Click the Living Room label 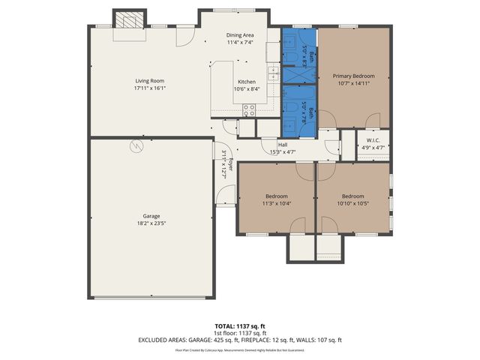[x=149, y=81]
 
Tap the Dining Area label [x=240, y=35]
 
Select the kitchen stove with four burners [x=249, y=109]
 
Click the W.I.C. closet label [x=373, y=139]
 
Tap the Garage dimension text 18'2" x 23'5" [x=151, y=223]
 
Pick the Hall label [x=283, y=145]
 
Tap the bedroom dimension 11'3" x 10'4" [x=277, y=203]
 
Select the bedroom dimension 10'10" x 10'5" [x=352, y=203]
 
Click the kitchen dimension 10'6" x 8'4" [x=247, y=89]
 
